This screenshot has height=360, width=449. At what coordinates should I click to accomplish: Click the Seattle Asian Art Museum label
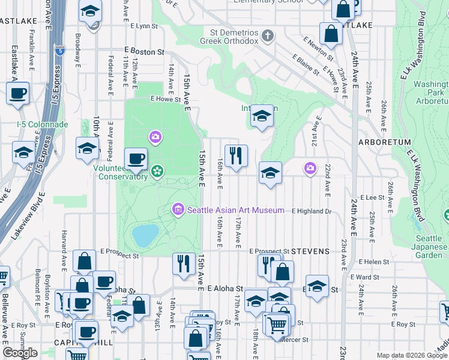pyautogui.click(x=235, y=210)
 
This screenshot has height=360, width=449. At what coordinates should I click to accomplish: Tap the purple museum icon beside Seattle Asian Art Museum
pyautogui.click(x=178, y=210)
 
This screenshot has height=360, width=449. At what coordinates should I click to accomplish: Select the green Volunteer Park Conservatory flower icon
pyautogui.click(x=157, y=172)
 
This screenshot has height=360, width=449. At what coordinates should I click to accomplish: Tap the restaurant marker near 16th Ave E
pyautogui.click(x=236, y=156)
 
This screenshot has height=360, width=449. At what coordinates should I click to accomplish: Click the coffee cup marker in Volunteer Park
pyautogui.click(x=136, y=159)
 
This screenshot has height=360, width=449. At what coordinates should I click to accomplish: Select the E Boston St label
pyautogui.click(x=144, y=52)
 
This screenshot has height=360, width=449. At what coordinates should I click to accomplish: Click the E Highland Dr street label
pyautogui.click(x=312, y=211)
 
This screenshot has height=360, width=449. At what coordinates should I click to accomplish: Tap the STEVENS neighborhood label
pyautogui.click(x=312, y=251)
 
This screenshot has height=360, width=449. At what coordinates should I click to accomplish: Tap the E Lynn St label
pyautogui.click(x=143, y=26)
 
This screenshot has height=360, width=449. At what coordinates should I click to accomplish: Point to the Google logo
pyautogui.click(x=20, y=353)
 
